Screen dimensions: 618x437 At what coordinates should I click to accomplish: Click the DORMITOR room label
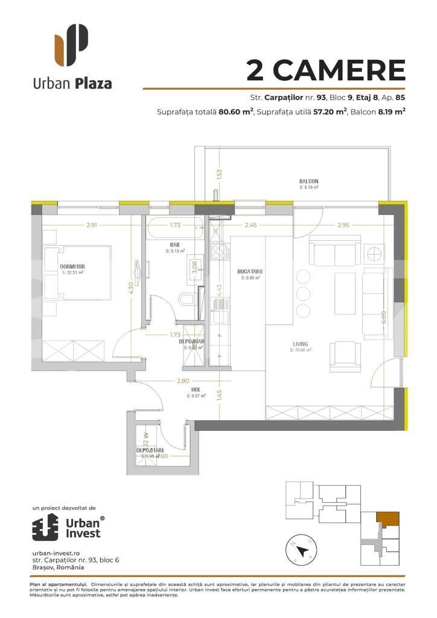72,266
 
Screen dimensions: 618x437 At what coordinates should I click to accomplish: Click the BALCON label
308,181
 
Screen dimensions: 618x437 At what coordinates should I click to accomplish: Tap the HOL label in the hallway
196,389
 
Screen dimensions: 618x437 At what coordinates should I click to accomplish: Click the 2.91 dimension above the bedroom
75,225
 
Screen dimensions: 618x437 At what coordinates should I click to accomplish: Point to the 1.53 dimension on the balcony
220,174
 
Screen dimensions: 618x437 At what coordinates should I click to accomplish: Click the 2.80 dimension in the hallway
183,381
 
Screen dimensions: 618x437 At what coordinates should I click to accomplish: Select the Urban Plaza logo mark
71,45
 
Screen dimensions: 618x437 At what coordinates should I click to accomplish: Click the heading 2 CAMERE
325,71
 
